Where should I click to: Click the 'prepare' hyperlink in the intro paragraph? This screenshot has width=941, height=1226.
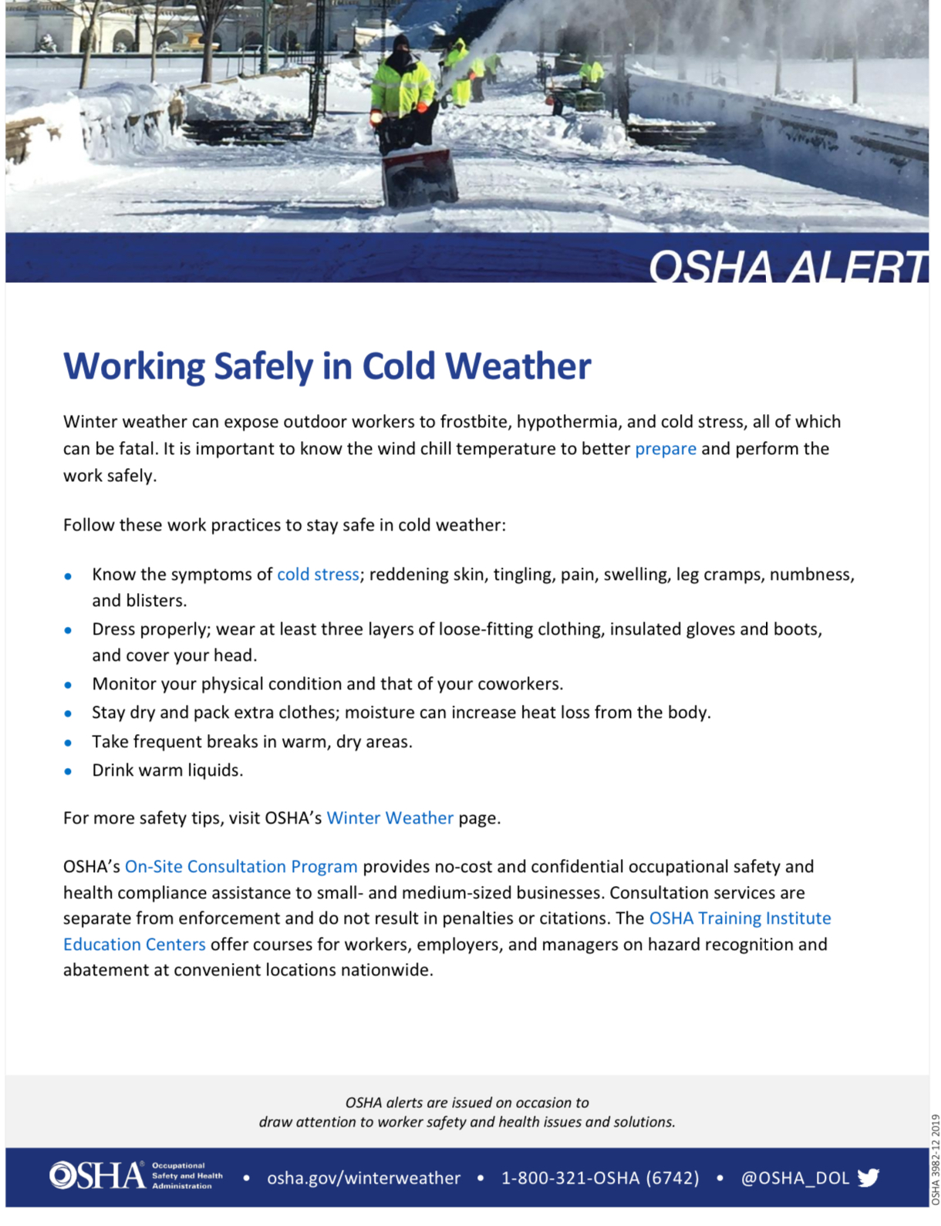[x=665, y=449]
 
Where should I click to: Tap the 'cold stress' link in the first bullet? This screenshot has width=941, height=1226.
[x=318, y=574]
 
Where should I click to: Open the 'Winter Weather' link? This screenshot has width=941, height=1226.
[x=390, y=818]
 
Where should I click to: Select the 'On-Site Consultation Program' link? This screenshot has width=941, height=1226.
[x=241, y=867]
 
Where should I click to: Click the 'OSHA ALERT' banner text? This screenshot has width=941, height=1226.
[x=787, y=267]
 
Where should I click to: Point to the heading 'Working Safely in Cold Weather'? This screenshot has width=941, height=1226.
[x=327, y=365]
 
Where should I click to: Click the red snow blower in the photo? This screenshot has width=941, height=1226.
[x=418, y=177]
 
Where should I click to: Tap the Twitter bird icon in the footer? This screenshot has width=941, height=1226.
[x=868, y=1177]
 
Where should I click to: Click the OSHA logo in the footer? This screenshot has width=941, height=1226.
[x=97, y=1176]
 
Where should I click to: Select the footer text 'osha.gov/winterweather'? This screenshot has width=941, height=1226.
[x=363, y=1178]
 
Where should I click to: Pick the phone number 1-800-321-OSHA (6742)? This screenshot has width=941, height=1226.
[x=600, y=1178]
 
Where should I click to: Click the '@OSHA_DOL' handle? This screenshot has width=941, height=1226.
[x=794, y=1178]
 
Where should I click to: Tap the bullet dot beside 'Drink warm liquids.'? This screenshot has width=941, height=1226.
[x=69, y=771]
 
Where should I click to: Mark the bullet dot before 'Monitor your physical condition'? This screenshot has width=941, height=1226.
[x=69, y=685]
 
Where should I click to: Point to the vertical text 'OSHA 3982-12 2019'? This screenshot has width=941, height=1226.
[x=936, y=1159]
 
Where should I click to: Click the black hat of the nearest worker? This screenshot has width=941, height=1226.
[x=401, y=42]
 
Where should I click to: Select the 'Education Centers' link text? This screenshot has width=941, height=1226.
[x=134, y=945]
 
